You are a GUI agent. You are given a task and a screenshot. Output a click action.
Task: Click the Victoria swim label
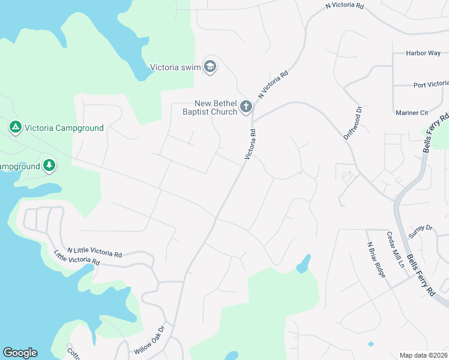pos(175,67)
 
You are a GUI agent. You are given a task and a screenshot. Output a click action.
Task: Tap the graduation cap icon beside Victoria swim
pos(210,67)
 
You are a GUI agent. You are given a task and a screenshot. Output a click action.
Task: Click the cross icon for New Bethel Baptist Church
pos(246,107)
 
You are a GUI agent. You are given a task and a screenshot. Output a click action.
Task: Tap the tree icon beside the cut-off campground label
pos(49,166)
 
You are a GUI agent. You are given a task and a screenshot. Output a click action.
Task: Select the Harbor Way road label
pos(423,53)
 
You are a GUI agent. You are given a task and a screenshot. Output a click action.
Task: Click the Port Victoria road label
pos(430,85)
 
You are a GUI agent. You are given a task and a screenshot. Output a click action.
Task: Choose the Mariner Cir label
pos(411,113)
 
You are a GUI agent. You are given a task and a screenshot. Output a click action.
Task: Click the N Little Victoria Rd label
pos(94,252)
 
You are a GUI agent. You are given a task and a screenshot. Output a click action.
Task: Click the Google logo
pos(20,353)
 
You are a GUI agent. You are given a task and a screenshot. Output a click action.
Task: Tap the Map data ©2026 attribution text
pos(423,355)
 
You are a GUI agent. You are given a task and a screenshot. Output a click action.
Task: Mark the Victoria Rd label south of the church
pos(250,145)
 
